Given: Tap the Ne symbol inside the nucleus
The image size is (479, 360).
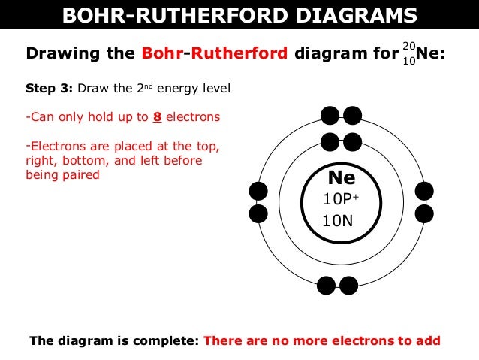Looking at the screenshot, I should (x=341, y=178).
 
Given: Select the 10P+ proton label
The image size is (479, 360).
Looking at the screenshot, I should (x=342, y=199).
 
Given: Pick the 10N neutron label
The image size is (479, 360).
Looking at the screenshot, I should (x=337, y=221).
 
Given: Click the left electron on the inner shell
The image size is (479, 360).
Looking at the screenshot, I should (x=330, y=140).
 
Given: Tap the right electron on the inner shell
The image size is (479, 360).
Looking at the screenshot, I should (x=351, y=140).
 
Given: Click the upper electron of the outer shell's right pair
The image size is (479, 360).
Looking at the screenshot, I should (x=424, y=192).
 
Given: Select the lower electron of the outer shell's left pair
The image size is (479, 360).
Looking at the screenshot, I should (x=258, y=213).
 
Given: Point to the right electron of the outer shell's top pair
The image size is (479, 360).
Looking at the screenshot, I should (x=352, y=116).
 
